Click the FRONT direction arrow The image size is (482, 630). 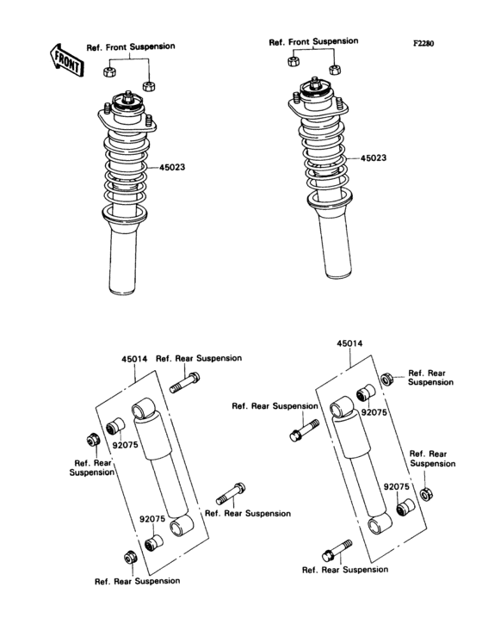click(65, 59)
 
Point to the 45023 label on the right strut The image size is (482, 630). click(374, 158)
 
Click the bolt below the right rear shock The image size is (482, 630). click(337, 548)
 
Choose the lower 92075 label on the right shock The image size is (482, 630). click(395, 486)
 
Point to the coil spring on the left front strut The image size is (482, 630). click(127, 168)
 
